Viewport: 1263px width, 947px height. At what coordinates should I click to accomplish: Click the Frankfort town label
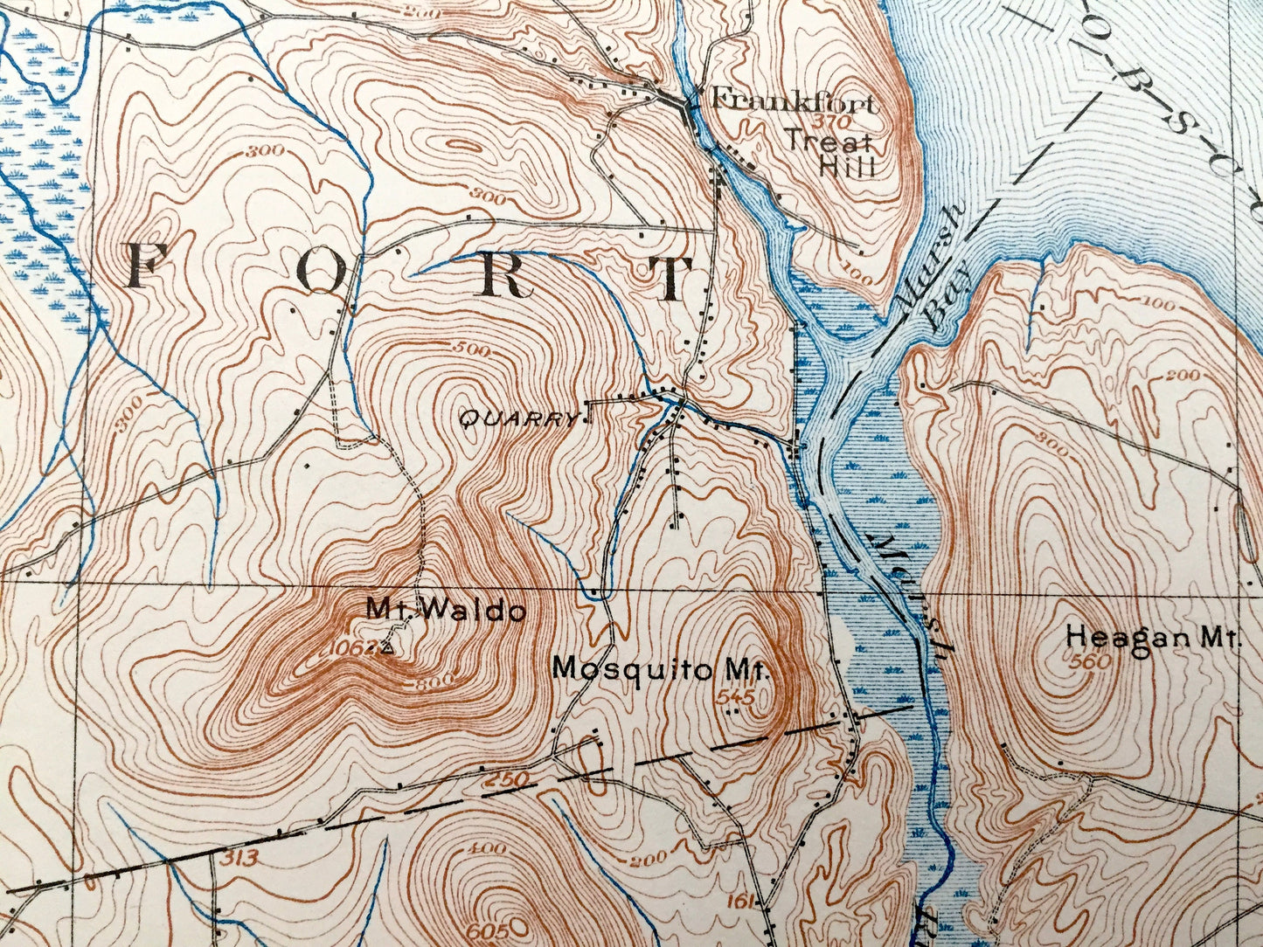pyautogui.click(x=793, y=100)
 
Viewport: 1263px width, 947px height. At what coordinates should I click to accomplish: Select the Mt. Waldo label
pyautogui.click(x=446, y=609)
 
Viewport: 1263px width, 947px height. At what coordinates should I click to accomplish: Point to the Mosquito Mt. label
pyautogui.click(x=660, y=669)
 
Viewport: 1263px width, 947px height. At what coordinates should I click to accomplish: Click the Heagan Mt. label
pyautogui.click(x=1153, y=639)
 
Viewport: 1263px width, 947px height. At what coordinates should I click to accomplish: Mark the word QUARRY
pyautogui.click(x=518, y=420)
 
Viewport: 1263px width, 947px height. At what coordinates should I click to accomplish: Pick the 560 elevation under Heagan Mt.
pyautogui.click(x=1089, y=662)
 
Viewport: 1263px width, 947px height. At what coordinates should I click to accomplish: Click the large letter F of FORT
pyautogui.click(x=147, y=268)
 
